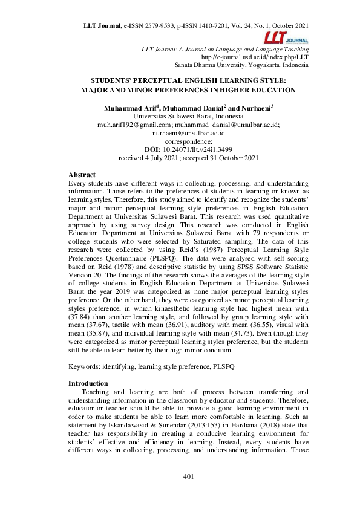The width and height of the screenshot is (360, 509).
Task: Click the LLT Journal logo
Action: [292, 37]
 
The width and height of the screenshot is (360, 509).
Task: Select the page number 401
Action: [188, 477]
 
